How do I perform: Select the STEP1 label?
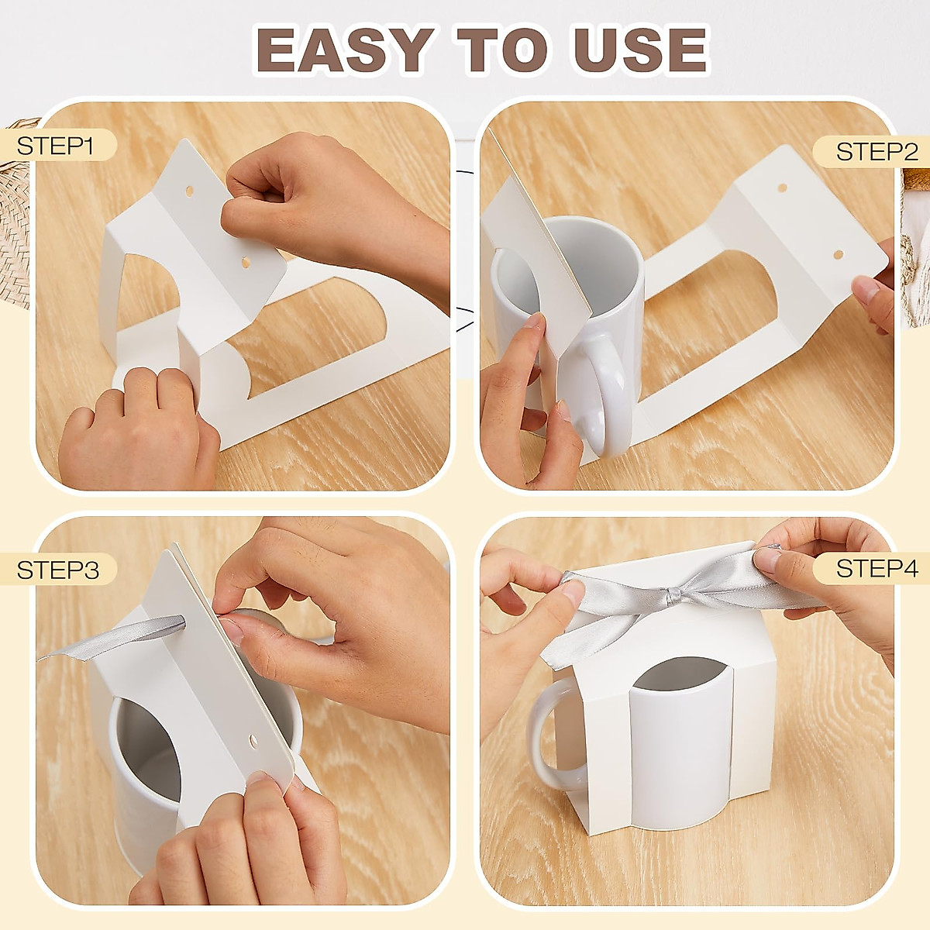[55, 145]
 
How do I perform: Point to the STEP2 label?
[877, 151]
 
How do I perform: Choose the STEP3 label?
[57, 570]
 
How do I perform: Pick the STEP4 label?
[877, 568]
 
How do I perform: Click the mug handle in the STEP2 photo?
[608, 395]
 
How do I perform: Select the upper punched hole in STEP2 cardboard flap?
[782, 188]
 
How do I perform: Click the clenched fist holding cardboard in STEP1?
[310, 194]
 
